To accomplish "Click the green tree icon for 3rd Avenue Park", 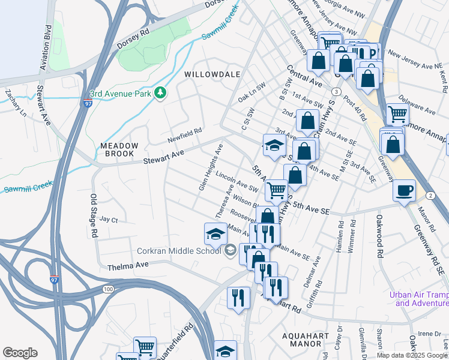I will (160, 93).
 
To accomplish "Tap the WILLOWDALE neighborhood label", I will (212, 74).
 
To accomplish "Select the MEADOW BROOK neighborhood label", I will (119, 150).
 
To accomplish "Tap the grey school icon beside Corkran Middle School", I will (230, 251).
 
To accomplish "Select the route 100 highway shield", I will (108, 289).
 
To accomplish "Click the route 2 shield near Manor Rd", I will (430, 196).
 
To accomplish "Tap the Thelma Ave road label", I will (127, 266).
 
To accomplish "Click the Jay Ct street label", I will (108, 220).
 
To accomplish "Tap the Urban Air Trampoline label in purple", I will (418, 299).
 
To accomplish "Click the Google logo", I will (20, 353).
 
